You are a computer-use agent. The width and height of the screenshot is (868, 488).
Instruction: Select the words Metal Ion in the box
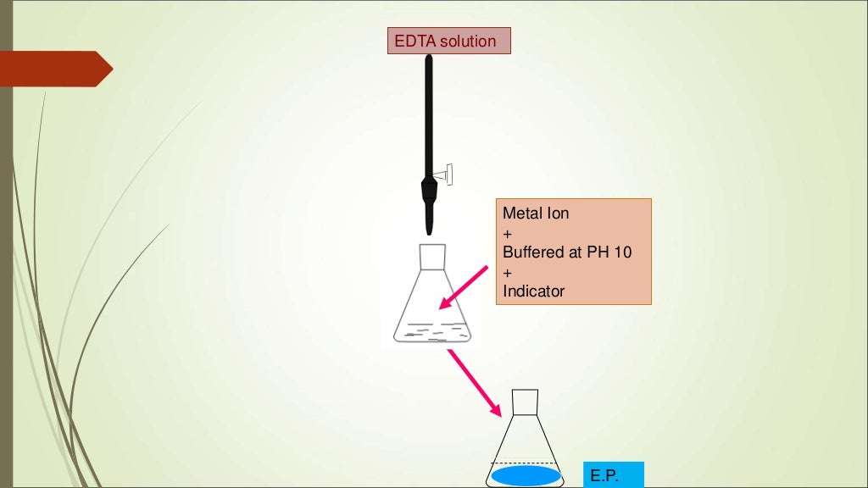(536, 213)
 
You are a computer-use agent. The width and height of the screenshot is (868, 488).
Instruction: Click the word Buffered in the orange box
(534, 252)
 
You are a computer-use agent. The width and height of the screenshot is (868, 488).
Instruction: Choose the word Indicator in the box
(533, 291)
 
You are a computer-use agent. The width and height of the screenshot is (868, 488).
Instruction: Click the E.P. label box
(613, 475)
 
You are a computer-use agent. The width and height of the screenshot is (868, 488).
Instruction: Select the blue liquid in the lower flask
(526, 476)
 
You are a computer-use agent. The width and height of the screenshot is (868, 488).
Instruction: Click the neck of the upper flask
(431, 257)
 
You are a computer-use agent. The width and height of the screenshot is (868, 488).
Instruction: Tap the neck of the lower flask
(526, 402)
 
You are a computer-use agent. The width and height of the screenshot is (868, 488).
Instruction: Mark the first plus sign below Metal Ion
(508, 233)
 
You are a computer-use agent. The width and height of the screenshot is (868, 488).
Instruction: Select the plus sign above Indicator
(508, 272)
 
